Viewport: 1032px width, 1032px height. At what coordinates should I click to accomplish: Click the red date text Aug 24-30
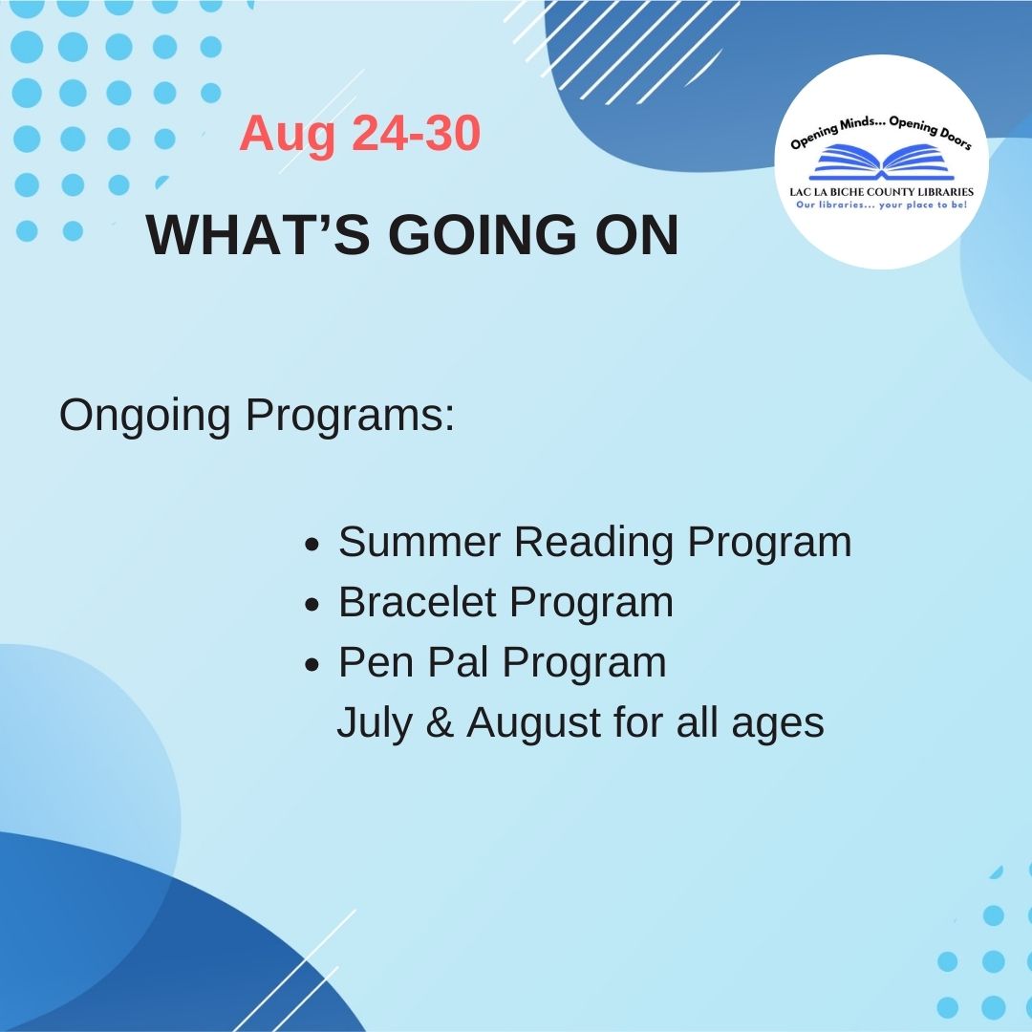pos(359,134)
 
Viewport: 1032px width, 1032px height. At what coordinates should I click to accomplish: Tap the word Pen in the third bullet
pos(372,662)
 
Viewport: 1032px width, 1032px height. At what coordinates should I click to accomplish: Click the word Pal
pos(455,662)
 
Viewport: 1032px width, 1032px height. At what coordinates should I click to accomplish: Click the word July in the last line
pos(374,723)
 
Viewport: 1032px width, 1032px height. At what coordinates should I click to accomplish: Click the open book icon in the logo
pos(880,163)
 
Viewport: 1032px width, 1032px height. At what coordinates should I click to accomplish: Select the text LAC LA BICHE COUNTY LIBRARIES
pos(881,191)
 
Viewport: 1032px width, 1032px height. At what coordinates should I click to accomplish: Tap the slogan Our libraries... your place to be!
pos(881,204)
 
